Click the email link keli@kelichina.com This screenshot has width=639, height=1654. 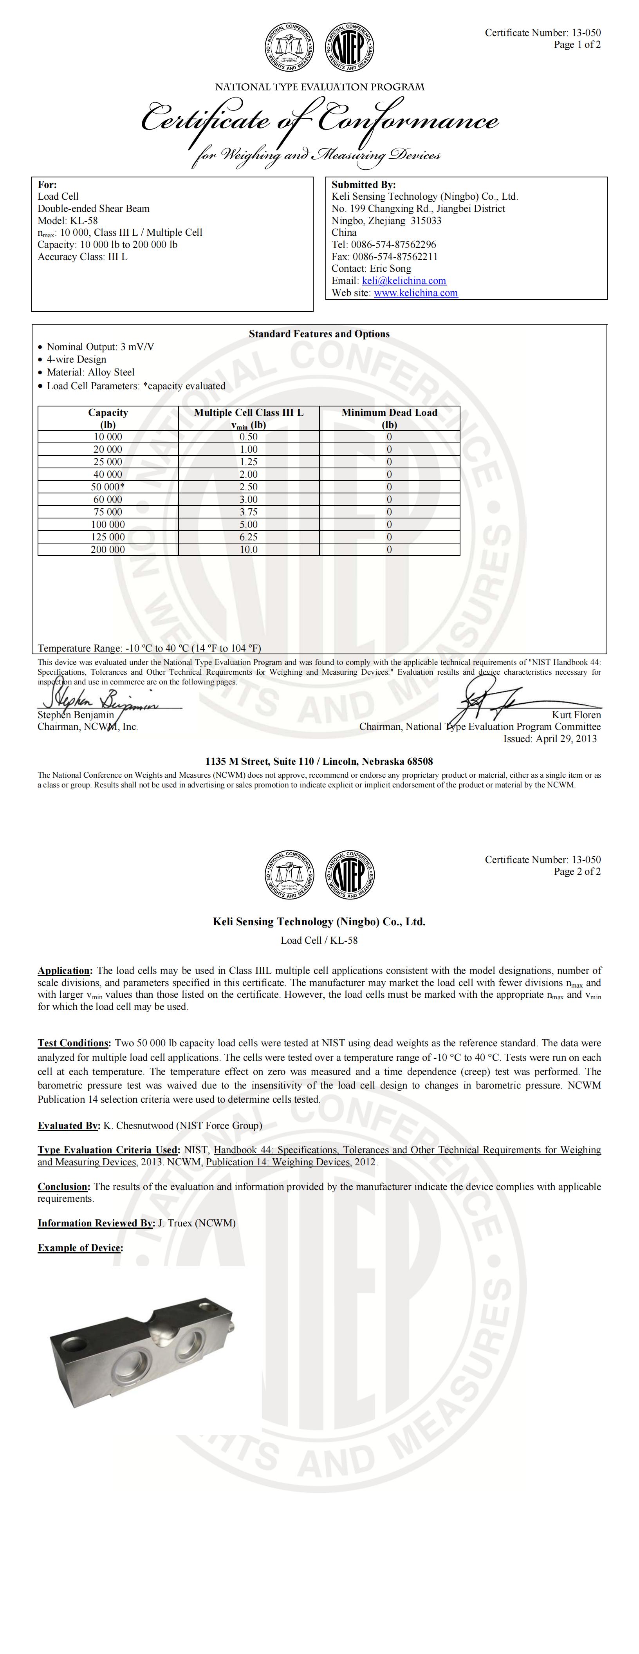(404, 281)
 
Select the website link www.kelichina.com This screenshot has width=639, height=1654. (415, 293)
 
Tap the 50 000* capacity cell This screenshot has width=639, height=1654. (108, 487)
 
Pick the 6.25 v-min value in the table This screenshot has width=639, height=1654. (249, 537)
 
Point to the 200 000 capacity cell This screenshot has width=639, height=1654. (108, 550)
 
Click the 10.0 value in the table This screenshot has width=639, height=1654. (249, 550)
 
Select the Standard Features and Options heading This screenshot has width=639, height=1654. (319, 334)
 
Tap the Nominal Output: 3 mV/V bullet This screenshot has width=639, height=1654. (100, 347)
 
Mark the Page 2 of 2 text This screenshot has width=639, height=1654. (578, 871)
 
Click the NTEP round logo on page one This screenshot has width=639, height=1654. (351, 47)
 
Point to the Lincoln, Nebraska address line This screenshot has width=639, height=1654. (319, 762)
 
